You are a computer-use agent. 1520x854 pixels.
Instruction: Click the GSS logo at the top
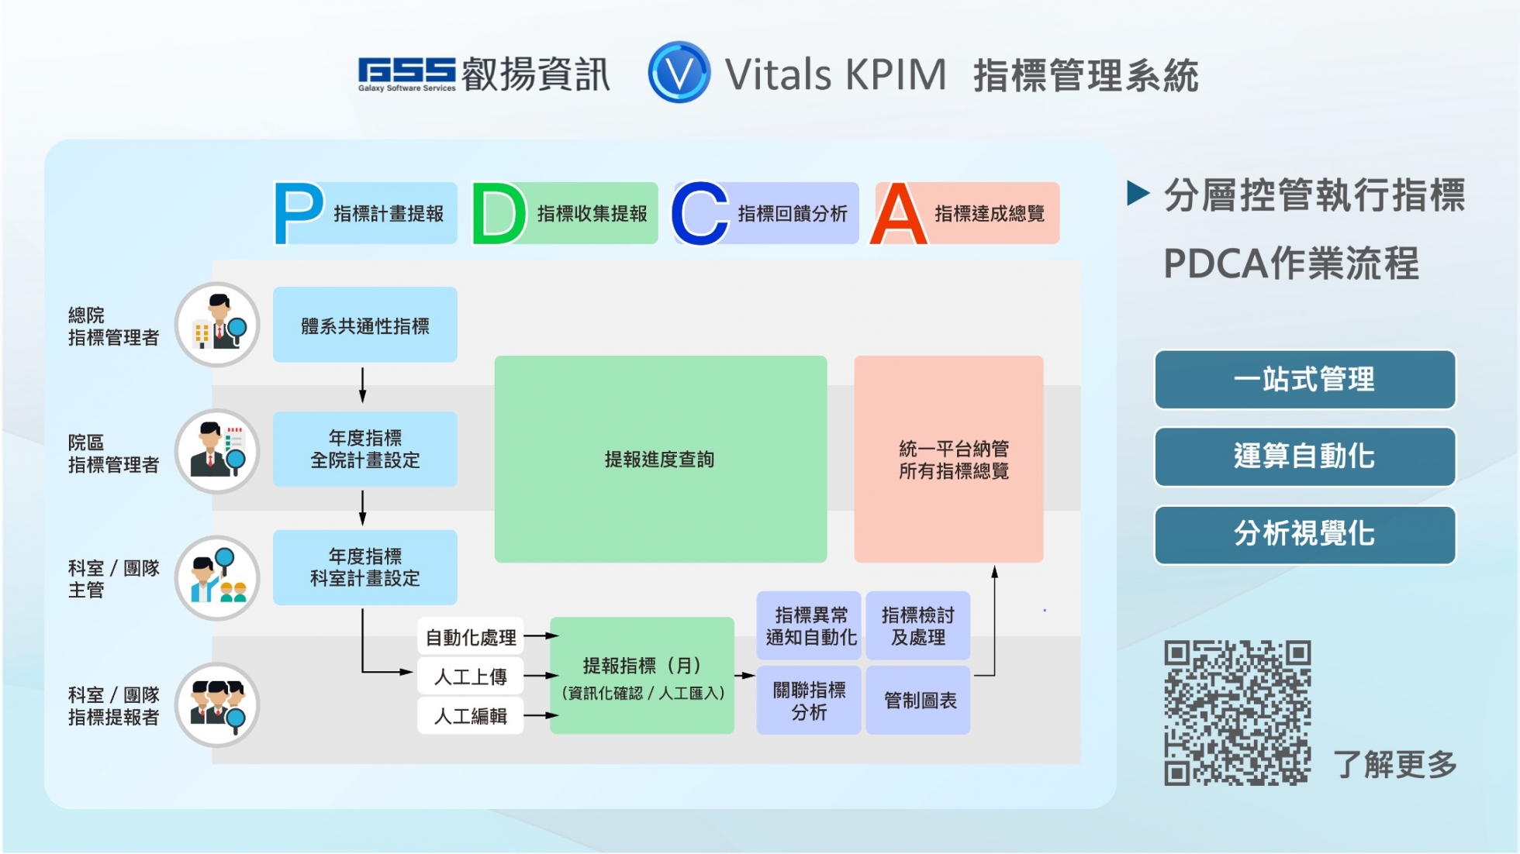pos(406,74)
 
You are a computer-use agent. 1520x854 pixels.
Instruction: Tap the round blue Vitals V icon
pos(679,73)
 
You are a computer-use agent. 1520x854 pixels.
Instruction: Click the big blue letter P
pos(298,213)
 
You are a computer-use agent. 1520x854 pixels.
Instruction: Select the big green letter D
pos(498,213)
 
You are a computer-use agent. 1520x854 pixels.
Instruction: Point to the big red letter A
pos(898,214)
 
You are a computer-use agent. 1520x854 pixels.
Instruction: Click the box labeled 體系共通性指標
pos(364,325)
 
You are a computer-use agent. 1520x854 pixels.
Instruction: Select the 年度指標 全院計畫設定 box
pos(364,449)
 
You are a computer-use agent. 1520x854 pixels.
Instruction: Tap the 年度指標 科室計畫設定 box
pos(364,567)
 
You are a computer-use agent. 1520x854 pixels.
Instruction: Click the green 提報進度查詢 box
pos(660,459)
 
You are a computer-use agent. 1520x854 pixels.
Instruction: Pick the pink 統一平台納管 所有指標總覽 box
pos(948,459)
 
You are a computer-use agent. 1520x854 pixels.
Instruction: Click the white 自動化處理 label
pos(471,637)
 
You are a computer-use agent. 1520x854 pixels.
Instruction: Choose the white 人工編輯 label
pos(471,715)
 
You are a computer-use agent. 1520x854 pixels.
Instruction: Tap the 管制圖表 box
pos(918,701)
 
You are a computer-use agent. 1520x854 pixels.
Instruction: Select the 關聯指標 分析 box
pos(809,701)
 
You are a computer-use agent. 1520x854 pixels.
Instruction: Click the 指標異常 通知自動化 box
pos(809,626)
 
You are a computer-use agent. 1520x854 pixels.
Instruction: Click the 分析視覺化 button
pos(1304,535)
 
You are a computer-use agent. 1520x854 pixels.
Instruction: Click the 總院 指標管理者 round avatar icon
pos(217,325)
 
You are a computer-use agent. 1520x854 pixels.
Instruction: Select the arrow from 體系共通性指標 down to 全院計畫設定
pos(362,385)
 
